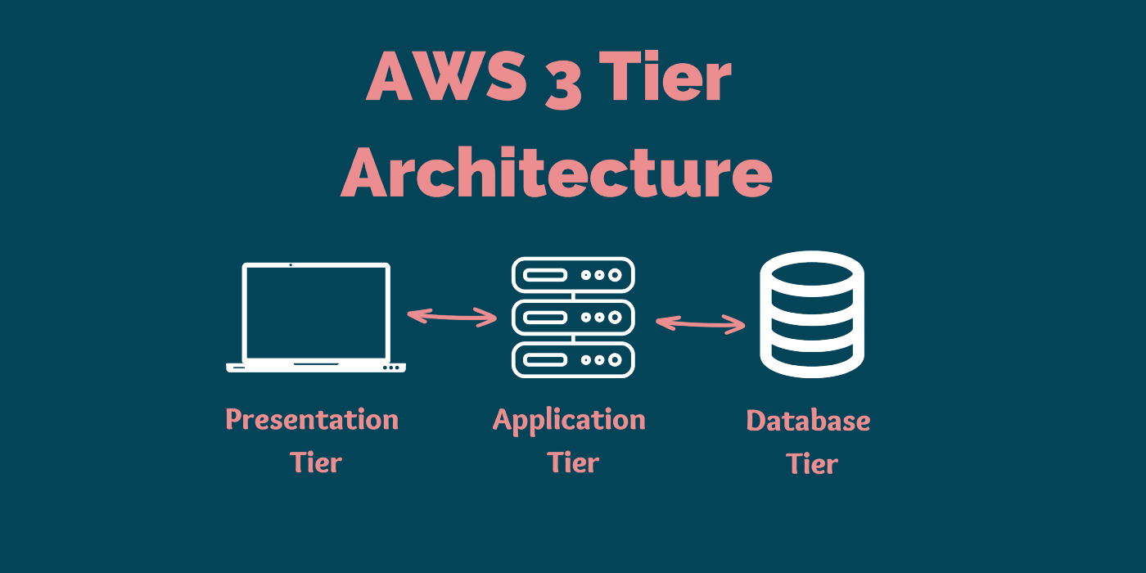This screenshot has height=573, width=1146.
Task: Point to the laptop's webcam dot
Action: pyautogui.click(x=291, y=265)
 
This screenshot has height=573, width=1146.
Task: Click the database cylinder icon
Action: pyautogui.click(x=812, y=314)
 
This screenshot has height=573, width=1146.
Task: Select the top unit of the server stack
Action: pyautogui.click(x=573, y=275)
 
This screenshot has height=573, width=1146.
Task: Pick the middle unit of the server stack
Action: pyautogui.click(x=573, y=317)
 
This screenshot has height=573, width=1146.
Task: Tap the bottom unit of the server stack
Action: pyautogui.click(x=573, y=359)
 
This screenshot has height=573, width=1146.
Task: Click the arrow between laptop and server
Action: pyautogui.click(x=452, y=316)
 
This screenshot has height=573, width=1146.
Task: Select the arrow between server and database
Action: pyautogui.click(x=701, y=324)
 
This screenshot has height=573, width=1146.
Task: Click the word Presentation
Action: pyautogui.click(x=312, y=420)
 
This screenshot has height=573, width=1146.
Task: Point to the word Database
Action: pyautogui.click(x=808, y=421)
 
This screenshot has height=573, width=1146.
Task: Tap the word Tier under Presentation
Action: pyautogui.click(x=316, y=462)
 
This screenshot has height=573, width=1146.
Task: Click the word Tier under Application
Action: pyautogui.click(x=573, y=462)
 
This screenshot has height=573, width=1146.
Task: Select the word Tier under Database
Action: pyautogui.click(x=812, y=464)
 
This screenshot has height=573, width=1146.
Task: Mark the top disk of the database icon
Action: pyautogui.click(x=812, y=272)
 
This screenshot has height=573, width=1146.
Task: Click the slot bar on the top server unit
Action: pyautogui.click(x=546, y=275)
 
